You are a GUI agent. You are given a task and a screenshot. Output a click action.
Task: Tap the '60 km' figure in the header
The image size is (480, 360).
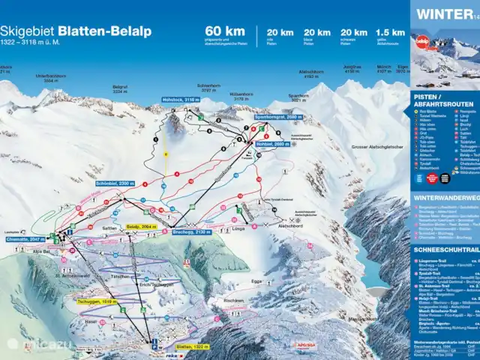click(224, 31)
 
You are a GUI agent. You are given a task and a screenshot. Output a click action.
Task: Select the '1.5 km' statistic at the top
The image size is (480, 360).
click(390, 31)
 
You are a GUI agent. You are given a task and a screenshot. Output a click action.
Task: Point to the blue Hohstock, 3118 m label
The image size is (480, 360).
click(181, 99)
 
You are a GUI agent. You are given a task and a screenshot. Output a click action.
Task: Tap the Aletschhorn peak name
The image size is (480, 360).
click(309, 73)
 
